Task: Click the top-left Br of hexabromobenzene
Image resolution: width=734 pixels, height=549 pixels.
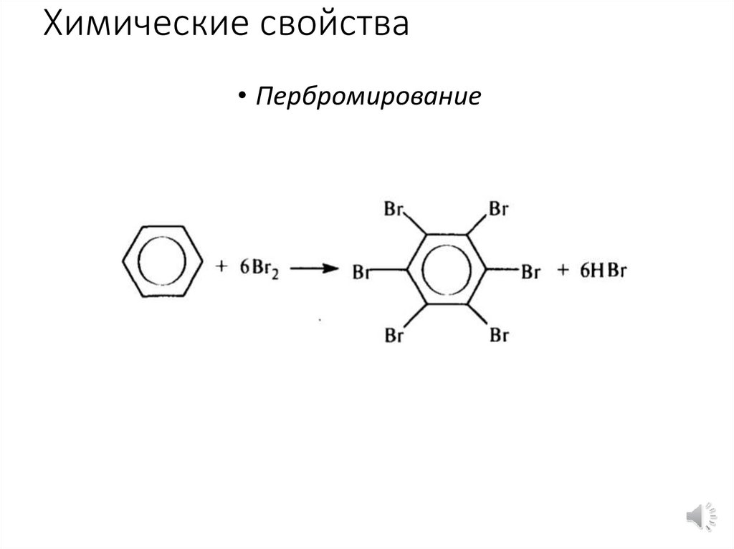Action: pos(395,210)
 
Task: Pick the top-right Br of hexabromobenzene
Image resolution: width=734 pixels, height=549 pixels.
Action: pos(498,210)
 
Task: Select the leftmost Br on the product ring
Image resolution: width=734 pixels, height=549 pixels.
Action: pos(361,273)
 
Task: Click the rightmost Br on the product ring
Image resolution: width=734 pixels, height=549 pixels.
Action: pos(530,272)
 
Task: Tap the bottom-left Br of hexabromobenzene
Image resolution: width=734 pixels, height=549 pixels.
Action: pos(395,334)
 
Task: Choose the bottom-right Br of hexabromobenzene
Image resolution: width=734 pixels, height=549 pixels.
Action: pos(498,334)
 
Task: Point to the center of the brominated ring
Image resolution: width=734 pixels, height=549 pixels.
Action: pos(447,270)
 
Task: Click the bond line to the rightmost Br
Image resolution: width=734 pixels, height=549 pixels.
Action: pos(503,271)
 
